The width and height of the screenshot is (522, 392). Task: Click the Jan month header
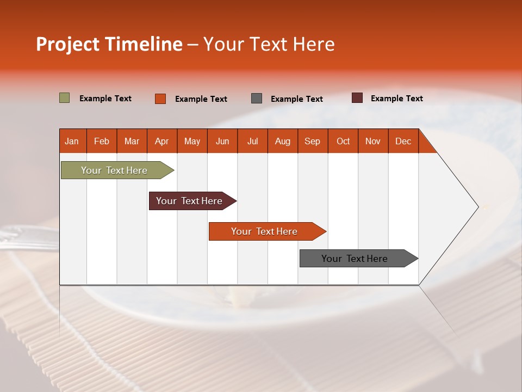pos(72,141)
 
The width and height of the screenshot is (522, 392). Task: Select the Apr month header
pos(162,141)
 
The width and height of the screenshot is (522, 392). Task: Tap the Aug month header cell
pos(283,141)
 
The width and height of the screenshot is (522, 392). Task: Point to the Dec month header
pos(403,141)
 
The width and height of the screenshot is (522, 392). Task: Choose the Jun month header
pos(222,141)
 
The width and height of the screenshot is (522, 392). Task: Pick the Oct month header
pos(343,141)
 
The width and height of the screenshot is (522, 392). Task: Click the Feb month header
pos(102,141)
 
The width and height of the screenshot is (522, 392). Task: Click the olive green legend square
pos(65,98)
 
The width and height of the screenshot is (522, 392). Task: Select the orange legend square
pos(160,99)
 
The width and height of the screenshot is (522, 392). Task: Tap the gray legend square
pos(257,99)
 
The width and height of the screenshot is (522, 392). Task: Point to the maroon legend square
pos(357,98)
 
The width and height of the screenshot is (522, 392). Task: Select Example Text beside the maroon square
pos(396,99)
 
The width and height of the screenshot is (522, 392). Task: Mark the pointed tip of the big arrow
pos(478,207)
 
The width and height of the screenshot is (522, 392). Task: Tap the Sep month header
pos(313,141)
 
